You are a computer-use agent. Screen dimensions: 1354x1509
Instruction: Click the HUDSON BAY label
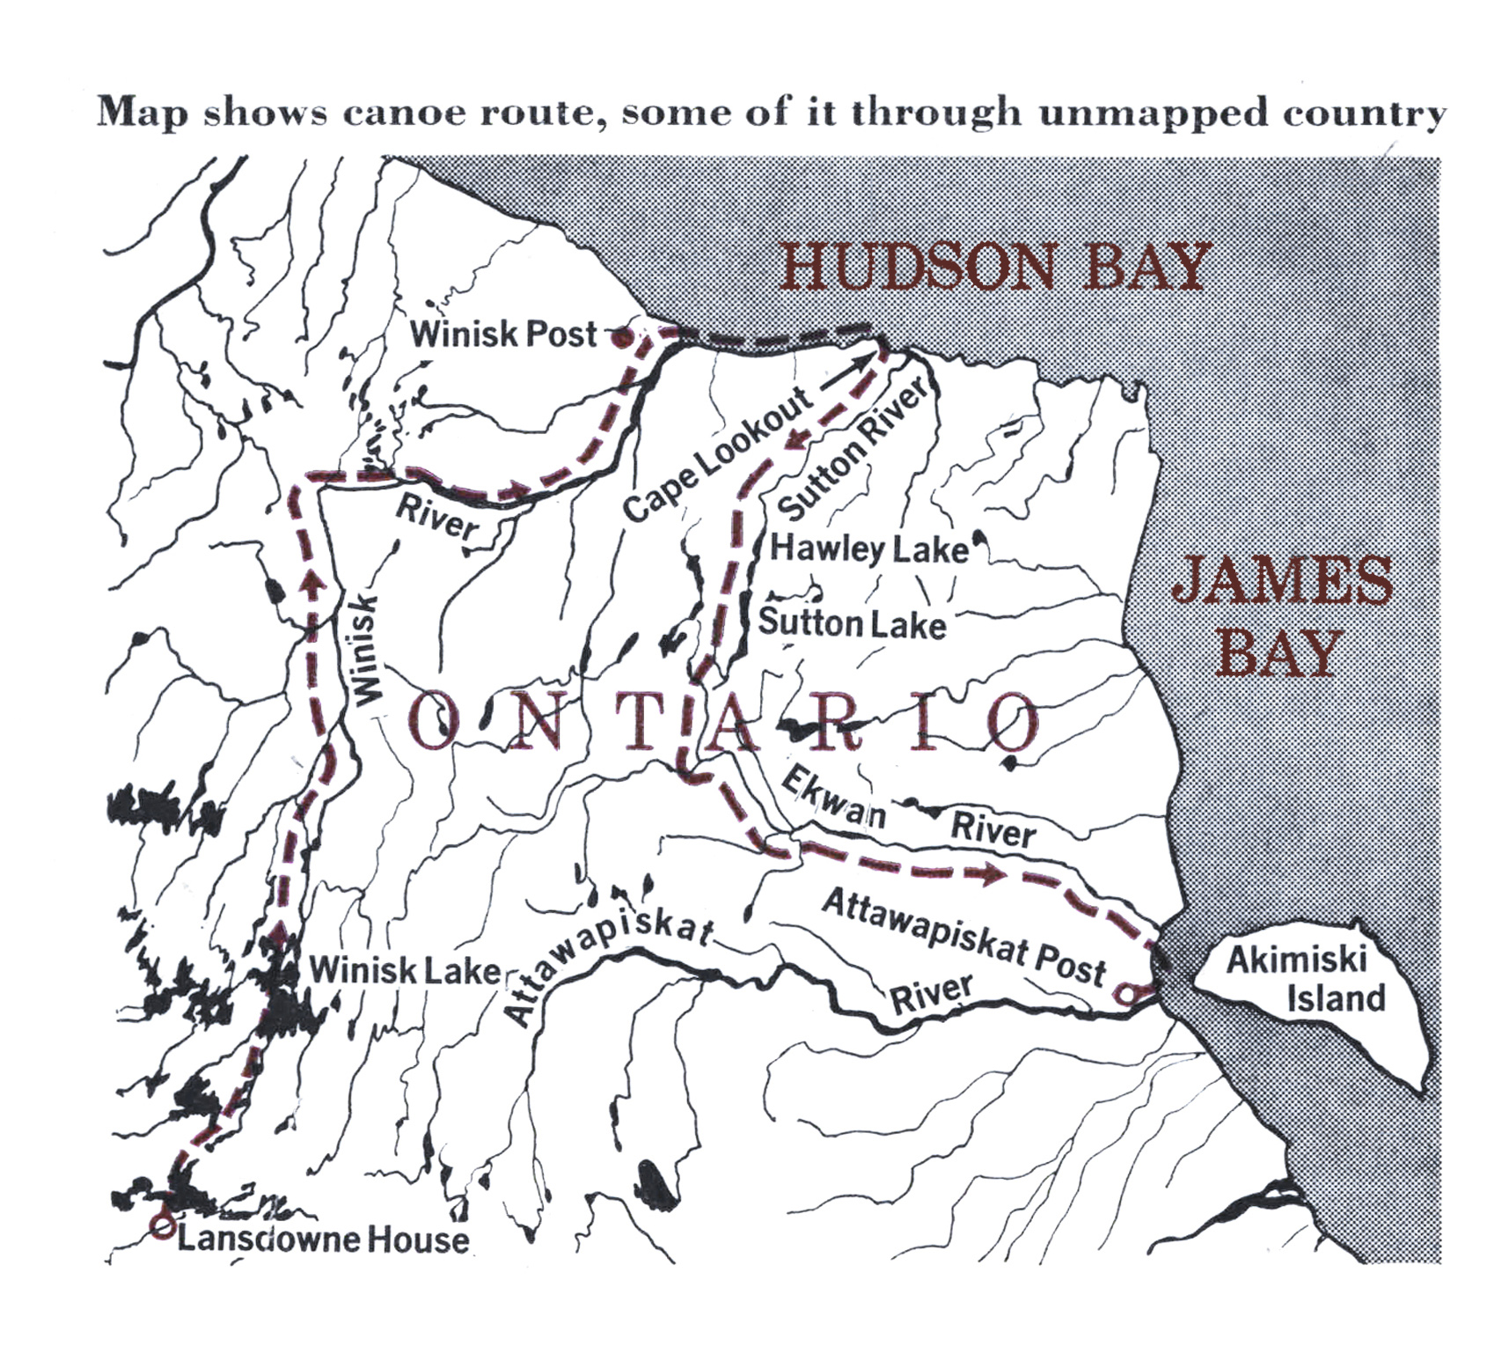pos(994,268)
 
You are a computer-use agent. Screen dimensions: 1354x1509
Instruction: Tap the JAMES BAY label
pos(1281,616)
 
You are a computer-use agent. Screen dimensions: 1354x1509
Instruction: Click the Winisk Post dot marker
pos(620,336)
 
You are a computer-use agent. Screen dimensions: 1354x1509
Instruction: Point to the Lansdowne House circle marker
pos(161,1225)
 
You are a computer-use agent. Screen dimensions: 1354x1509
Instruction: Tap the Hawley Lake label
pos(869,549)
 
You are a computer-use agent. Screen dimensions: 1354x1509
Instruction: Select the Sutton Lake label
pos(852,623)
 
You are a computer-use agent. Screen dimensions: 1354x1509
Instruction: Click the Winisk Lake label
pos(405,971)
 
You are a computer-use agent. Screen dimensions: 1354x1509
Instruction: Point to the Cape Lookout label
pos(717,453)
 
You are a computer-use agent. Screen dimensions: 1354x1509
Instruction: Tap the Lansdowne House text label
pos(323,1240)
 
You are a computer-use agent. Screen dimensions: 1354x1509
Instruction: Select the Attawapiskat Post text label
pos(963,937)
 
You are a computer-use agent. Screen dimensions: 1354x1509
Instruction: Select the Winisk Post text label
pos(503,335)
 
